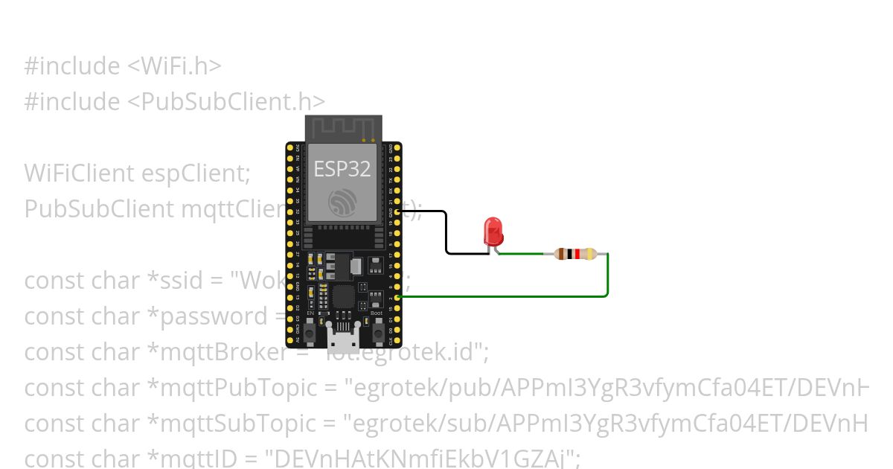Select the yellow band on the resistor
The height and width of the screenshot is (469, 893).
click(x=590, y=254)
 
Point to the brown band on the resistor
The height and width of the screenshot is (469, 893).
click(x=562, y=254)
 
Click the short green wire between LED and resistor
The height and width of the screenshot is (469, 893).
click(x=521, y=254)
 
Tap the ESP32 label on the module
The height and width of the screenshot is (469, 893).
click(x=342, y=169)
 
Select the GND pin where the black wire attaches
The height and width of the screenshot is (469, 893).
click(x=398, y=212)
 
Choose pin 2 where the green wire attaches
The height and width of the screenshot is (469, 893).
click(x=398, y=297)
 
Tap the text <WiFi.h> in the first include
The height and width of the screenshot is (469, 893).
click(x=174, y=66)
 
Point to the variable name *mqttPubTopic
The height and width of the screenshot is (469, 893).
click(x=246, y=387)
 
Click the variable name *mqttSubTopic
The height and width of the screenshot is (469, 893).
click(x=246, y=423)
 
